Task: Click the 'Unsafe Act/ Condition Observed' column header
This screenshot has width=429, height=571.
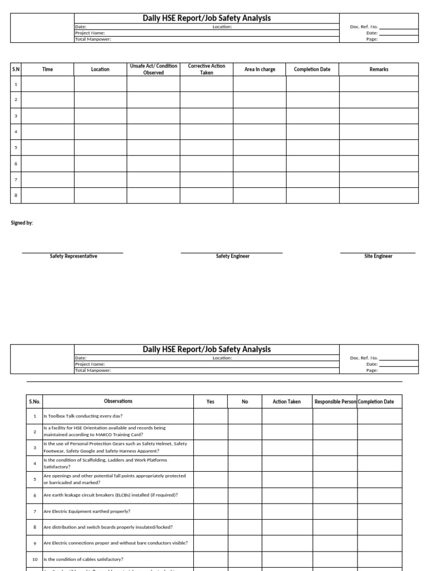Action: [153, 69]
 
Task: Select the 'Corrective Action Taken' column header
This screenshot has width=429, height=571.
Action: [206, 69]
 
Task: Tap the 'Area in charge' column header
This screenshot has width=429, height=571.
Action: [260, 69]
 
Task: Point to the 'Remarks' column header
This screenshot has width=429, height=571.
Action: [379, 69]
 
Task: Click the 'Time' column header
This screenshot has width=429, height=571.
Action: [47, 69]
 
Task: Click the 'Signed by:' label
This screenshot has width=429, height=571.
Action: [22, 223]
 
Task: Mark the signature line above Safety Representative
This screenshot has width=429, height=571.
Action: [73, 253]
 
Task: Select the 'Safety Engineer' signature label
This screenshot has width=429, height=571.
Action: [232, 257]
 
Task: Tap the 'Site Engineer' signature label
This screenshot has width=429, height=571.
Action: [378, 257]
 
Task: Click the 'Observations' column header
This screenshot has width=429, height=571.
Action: [118, 401]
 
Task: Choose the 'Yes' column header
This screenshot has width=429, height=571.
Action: [211, 401]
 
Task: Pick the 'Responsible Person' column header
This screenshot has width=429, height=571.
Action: [335, 401]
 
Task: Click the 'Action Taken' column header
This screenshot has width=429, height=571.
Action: [287, 401]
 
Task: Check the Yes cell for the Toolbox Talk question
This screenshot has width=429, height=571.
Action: [211, 416]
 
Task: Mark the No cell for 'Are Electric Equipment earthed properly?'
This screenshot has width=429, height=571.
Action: [245, 511]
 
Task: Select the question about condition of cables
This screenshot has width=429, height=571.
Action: [83, 559]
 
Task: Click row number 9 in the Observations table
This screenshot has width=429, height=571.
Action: [34, 543]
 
